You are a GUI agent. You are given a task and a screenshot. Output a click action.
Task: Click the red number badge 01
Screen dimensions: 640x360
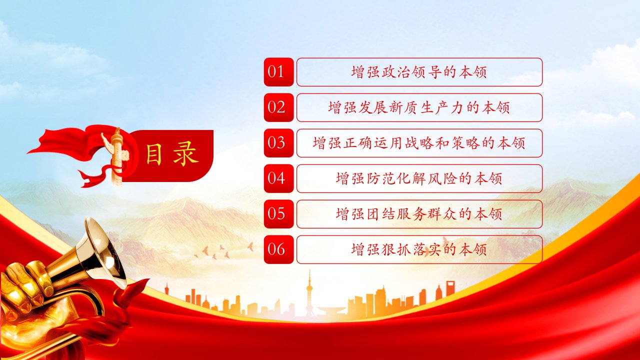(278, 72)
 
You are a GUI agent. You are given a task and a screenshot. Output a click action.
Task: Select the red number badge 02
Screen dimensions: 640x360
(278, 107)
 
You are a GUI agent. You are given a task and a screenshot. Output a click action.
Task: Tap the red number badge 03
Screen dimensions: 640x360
(278, 143)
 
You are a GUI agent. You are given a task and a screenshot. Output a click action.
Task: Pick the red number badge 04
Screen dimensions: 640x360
(278, 178)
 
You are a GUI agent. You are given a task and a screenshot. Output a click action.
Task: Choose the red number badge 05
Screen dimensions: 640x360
(278, 214)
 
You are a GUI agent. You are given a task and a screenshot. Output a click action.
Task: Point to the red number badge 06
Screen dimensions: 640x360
(278, 249)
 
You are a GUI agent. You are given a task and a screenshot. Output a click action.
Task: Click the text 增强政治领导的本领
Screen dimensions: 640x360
(419, 72)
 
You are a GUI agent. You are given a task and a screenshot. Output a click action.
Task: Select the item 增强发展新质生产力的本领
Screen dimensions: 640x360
(419, 107)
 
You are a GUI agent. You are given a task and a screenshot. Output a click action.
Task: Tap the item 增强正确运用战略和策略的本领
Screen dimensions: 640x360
(419, 143)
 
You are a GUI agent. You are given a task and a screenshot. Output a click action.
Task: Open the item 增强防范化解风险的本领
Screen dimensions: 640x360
(419, 178)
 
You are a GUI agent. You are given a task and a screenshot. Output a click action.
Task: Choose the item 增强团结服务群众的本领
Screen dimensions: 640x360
(419, 214)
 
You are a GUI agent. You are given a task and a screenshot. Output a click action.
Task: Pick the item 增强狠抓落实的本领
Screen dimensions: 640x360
(419, 249)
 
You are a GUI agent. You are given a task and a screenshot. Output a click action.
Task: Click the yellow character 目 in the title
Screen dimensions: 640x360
(154, 154)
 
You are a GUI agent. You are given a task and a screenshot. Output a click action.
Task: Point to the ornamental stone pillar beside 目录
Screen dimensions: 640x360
(116, 156)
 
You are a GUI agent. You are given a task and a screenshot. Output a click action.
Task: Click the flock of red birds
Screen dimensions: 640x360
(223, 251)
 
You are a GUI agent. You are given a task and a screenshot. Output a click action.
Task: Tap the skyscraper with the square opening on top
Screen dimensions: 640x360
(450, 288)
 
